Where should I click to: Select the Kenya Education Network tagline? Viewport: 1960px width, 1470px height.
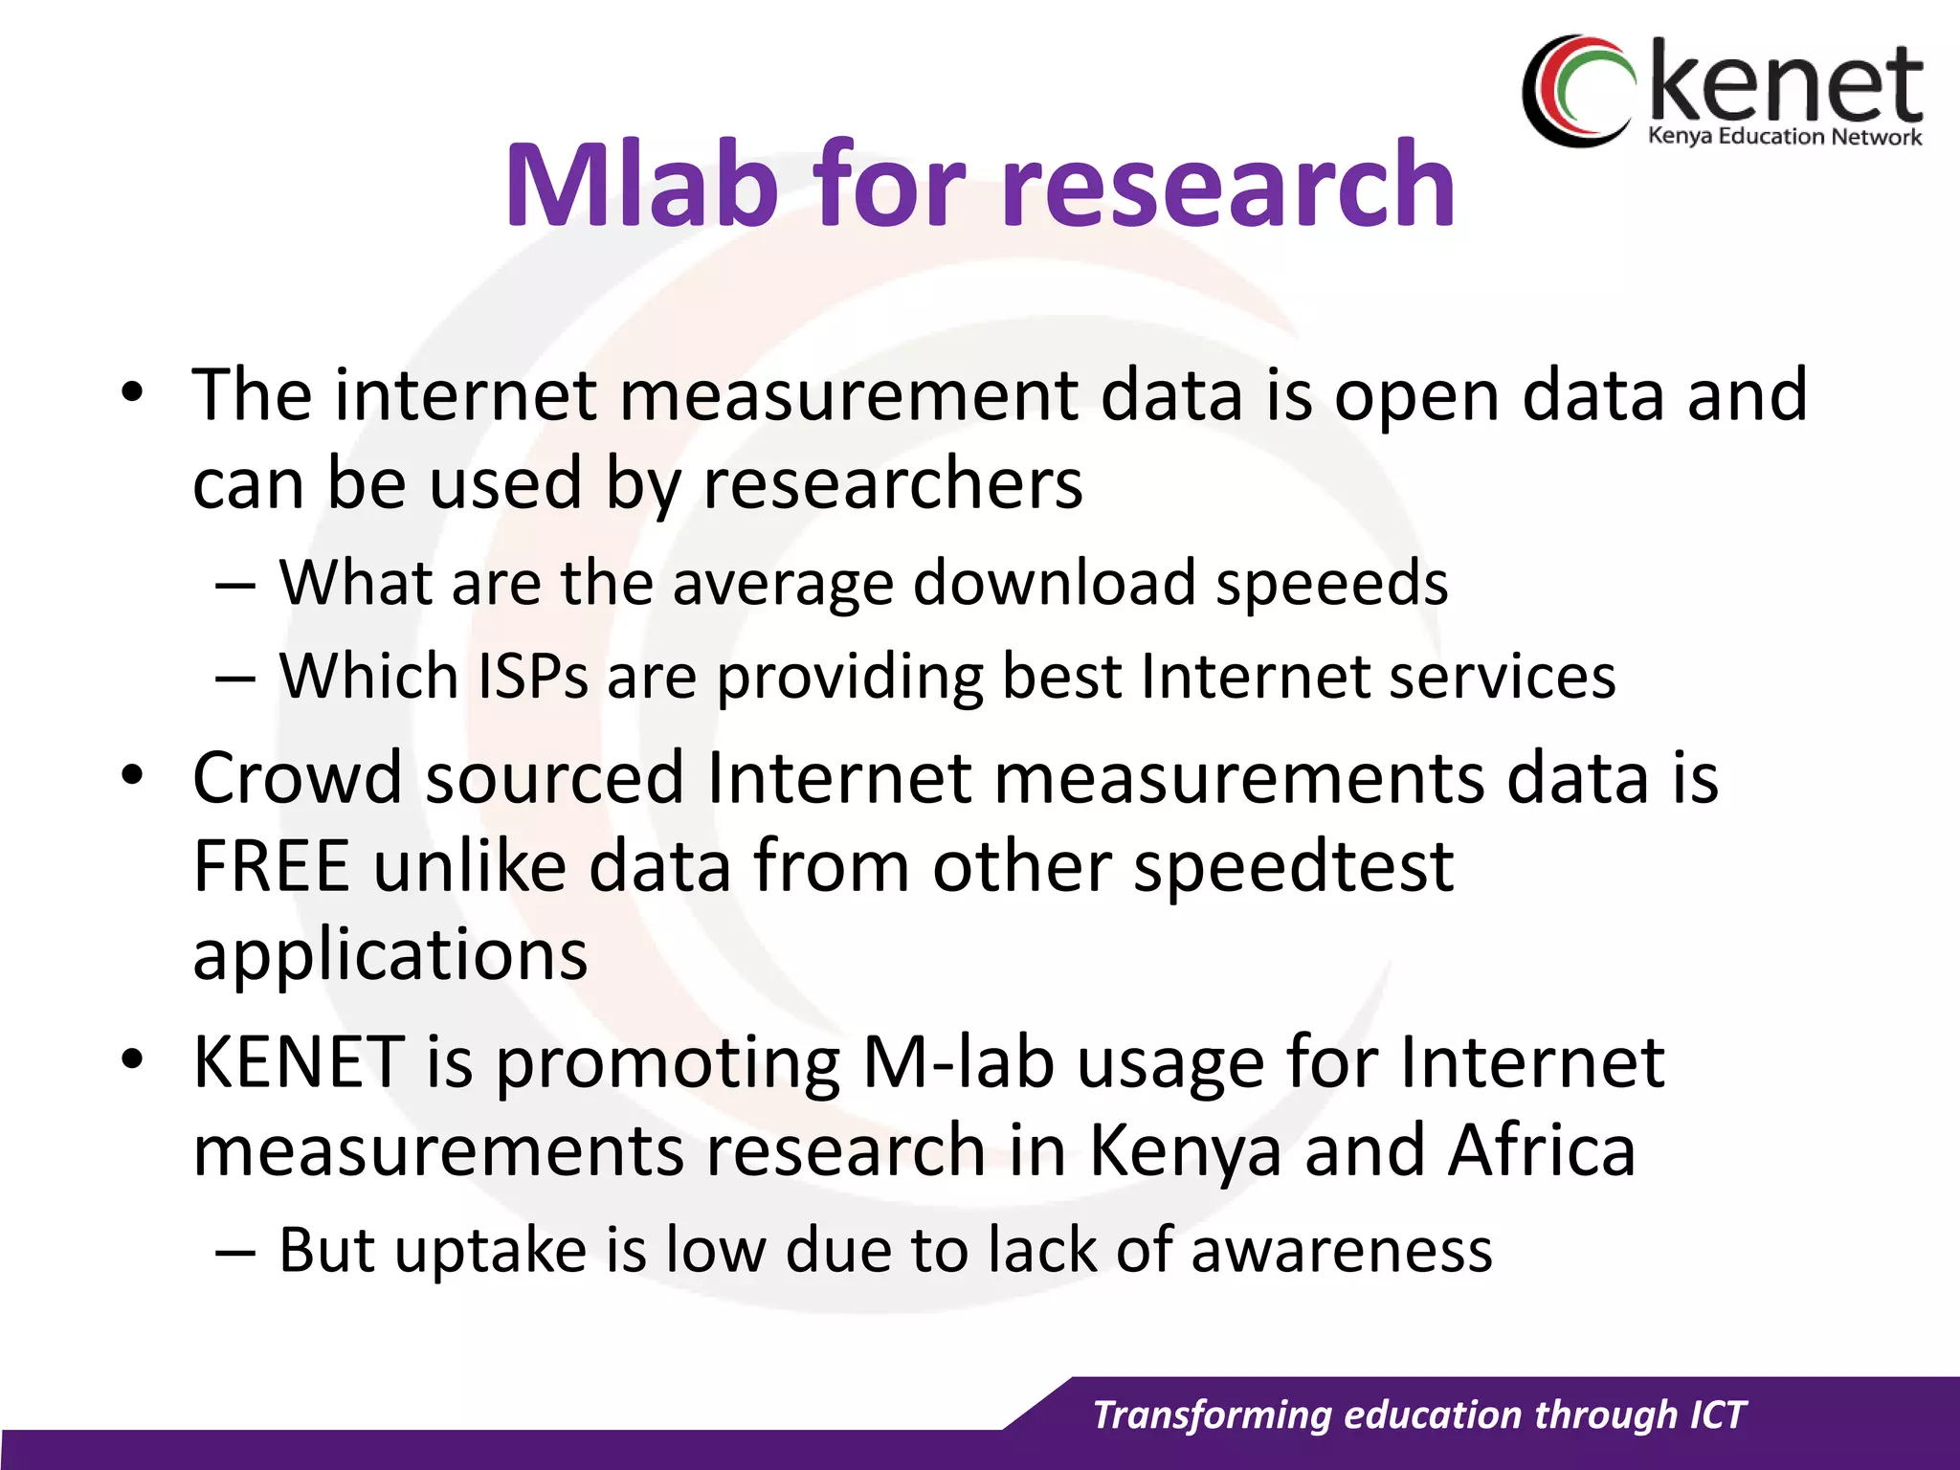coord(1784,137)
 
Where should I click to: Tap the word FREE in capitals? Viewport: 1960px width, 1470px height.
coord(271,866)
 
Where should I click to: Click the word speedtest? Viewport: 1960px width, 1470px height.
coord(1293,866)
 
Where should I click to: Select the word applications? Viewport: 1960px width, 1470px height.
coord(390,955)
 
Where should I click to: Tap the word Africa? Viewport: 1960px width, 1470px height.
coord(1541,1149)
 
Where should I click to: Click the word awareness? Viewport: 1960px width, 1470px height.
coord(1341,1249)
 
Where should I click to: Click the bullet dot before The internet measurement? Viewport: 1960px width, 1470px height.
coord(132,391)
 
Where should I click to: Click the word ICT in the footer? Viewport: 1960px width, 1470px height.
coord(1718,1414)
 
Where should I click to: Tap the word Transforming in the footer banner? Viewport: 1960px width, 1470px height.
coord(1212,1414)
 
